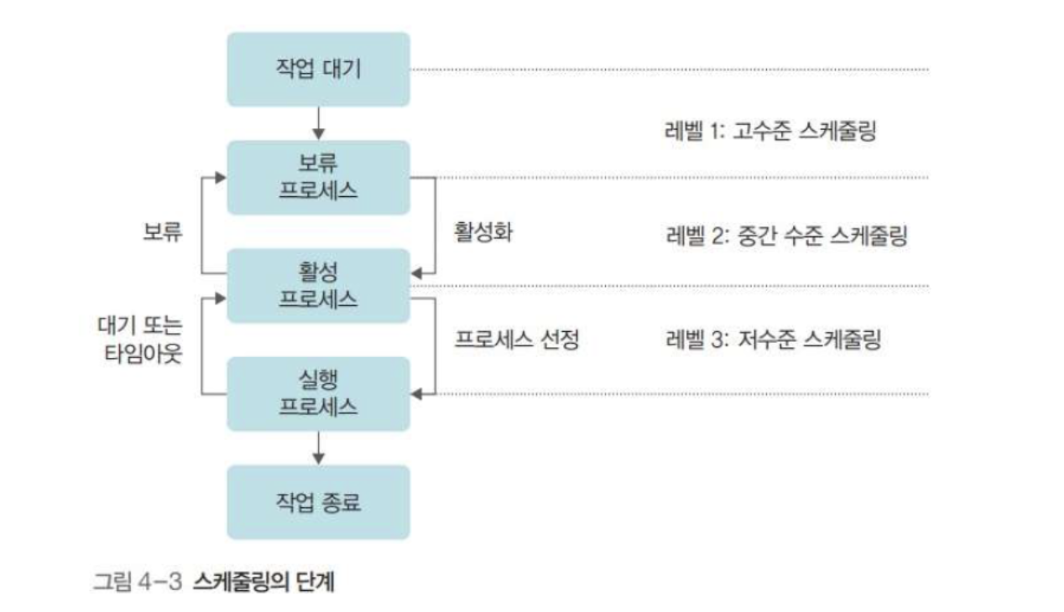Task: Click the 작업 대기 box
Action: click(318, 69)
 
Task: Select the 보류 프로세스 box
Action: click(318, 177)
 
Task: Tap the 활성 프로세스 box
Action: click(318, 285)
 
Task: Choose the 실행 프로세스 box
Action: click(318, 393)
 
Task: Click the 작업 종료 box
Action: click(318, 501)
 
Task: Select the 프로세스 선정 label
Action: click(517, 340)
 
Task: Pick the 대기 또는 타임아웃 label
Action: click(141, 340)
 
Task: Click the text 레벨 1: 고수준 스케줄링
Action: click(769, 132)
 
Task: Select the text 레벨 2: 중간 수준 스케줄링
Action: click(785, 236)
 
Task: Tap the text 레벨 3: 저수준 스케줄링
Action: click(772, 340)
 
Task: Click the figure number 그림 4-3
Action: click(138, 581)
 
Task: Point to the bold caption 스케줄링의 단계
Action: click(263, 581)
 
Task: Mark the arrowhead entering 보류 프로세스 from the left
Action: click(221, 177)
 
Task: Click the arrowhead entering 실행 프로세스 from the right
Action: click(416, 393)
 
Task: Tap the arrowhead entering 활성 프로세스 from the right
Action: click(416, 273)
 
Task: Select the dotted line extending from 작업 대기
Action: click(671, 69)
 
